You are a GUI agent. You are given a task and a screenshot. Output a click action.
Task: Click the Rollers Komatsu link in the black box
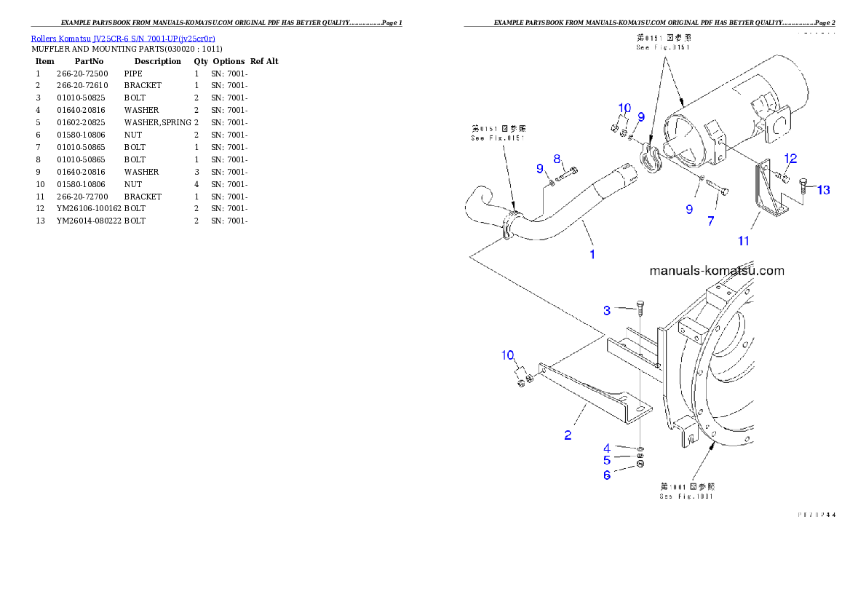pos(122,38)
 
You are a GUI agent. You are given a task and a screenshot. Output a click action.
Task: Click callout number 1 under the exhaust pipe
pos(592,254)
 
